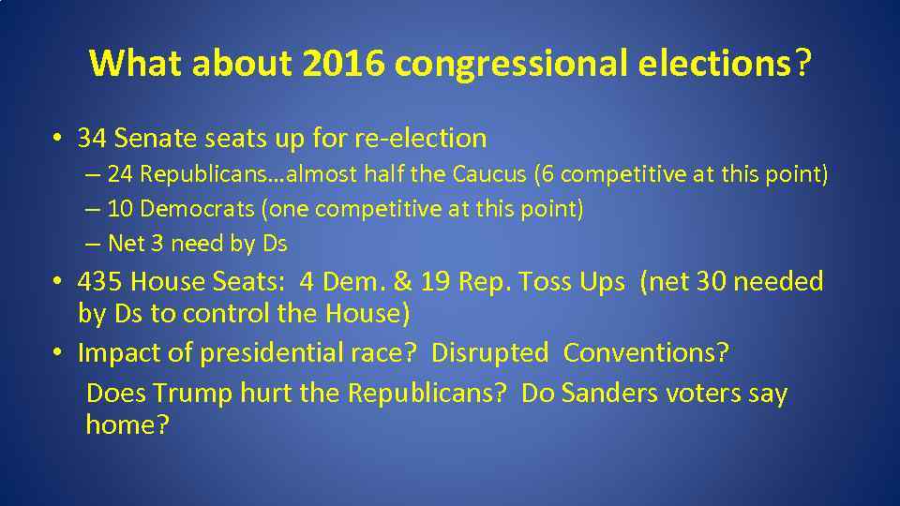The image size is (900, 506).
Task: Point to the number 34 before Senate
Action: [92, 139]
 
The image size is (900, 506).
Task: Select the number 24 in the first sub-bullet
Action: [119, 174]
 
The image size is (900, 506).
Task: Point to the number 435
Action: [100, 281]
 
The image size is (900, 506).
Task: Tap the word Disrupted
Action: [489, 353]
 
